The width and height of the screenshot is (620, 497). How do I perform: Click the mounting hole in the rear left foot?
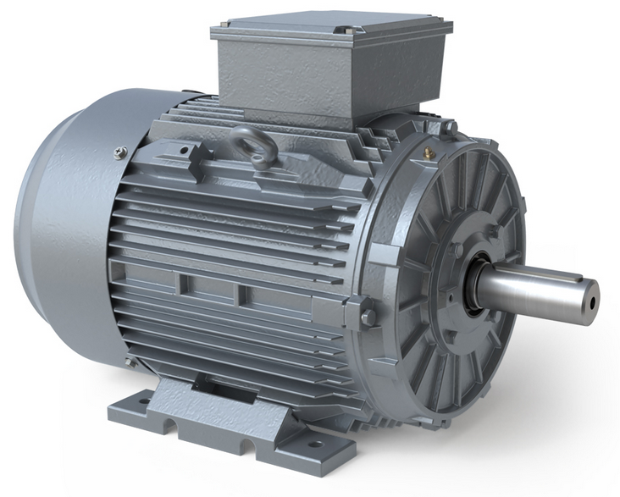click(x=144, y=401)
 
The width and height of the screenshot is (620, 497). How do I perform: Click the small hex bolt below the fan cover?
click(x=131, y=362)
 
